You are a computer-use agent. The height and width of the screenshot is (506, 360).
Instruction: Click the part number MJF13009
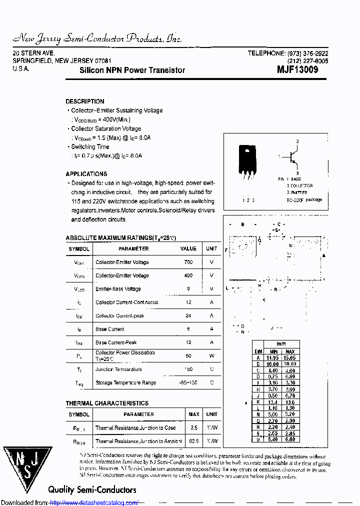coord(297,70)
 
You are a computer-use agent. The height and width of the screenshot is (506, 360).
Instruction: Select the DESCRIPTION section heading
coord(85,101)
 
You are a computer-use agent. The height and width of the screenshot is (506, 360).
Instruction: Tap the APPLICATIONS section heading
coord(86,174)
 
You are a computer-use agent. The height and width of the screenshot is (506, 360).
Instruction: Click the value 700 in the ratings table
coord(188,262)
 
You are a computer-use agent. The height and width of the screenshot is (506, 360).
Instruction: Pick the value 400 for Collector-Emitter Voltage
coord(188,275)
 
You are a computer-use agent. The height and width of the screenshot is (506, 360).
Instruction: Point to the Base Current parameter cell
coord(110,329)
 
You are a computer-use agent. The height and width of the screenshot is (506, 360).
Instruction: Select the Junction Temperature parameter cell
coord(118,369)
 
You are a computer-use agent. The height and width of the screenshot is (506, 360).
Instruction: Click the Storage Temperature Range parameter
coord(125,382)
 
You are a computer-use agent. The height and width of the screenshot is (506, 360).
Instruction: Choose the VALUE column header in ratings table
coord(188,248)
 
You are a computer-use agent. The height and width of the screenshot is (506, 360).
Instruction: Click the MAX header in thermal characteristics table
coord(193,414)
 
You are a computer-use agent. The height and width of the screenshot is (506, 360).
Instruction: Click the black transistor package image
coord(247,161)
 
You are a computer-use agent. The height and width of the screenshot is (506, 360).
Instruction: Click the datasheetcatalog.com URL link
coord(94,502)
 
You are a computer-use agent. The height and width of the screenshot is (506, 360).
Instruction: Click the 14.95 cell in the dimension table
coord(273,358)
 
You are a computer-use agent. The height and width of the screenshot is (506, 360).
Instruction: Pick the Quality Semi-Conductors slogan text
coord(92,489)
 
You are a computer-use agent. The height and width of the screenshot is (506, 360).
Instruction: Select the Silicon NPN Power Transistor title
coord(132,70)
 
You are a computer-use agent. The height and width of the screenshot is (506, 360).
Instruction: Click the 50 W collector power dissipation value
coord(188,356)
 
